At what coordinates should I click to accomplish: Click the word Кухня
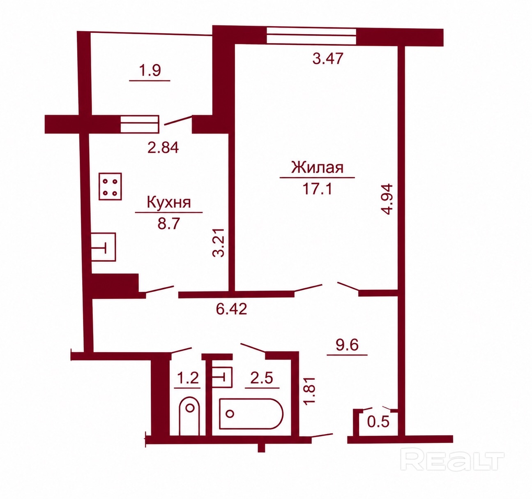(x=169, y=203)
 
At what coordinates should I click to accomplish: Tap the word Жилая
(x=318, y=168)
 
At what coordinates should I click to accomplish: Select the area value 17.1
(x=318, y=189)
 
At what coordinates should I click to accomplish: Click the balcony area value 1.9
(x=150, y=71)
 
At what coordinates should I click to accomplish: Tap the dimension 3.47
(x=328, y=58)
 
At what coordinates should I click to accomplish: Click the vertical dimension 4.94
(x=388, y=199)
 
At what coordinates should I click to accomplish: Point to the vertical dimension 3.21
(x=218, y=243)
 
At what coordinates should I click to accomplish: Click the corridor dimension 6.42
(x=231, y=309)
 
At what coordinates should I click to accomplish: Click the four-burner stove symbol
(x=111, y=186)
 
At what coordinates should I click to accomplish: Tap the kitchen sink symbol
(x=104, y=247)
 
